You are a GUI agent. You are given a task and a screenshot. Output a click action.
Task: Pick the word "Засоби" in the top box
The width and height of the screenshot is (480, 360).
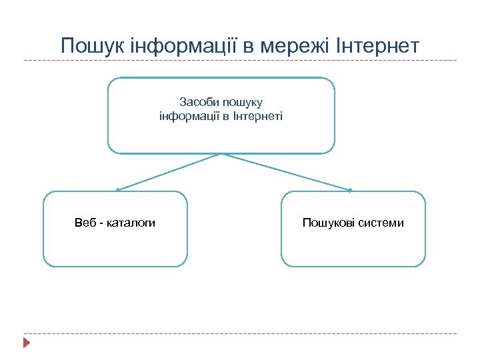pos(197,102)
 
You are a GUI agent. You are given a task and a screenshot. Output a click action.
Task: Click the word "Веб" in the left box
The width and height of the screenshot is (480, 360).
pos(85,223)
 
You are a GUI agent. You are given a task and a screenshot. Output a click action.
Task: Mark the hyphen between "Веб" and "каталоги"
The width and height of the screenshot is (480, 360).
pos(102,223)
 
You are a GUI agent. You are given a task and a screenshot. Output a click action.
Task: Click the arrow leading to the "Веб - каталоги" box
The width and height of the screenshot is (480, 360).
pos(167,173)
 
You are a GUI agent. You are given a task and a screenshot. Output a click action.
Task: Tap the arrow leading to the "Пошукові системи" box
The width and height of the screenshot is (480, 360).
pos(287,173)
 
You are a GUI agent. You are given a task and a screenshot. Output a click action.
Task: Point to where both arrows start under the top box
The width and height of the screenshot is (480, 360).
pos(221,154)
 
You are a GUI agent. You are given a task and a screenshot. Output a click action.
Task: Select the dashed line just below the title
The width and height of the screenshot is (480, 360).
pos(240,61)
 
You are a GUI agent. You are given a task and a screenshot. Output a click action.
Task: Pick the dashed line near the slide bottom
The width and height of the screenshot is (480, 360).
pos(240,333)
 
